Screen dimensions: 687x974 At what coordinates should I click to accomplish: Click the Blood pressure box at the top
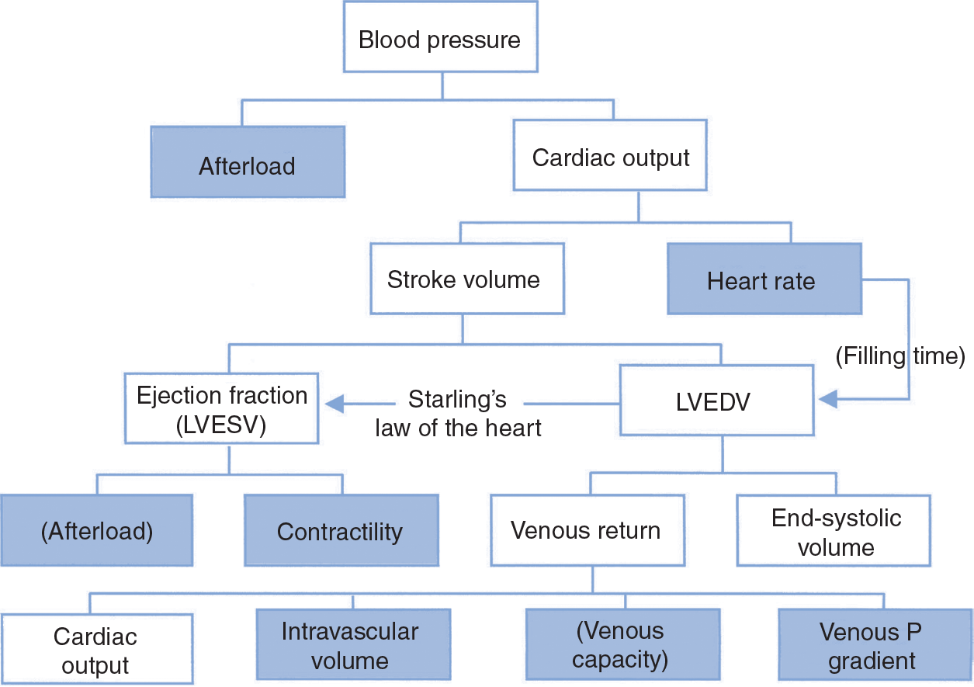coord(439,39)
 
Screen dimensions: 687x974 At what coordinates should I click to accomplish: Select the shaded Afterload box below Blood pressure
coord(247,165)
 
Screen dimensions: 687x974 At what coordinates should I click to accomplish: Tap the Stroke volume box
coord(463,279)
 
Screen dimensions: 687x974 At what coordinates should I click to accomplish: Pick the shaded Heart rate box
coord(764,279)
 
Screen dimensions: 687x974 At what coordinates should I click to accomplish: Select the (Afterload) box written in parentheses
coord(96,531)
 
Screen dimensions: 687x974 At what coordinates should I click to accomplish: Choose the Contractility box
coord(341,531)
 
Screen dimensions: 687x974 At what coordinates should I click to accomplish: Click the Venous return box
coord(585,531)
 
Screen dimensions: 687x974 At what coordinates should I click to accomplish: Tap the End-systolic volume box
coord(835,532)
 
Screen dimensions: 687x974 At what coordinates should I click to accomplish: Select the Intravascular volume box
coord(353,645)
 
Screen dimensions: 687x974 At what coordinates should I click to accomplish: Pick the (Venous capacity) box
coord(622,645)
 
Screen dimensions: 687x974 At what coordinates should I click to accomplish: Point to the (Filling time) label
coord(899,356)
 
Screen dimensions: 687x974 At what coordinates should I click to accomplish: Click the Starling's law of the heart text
coord(458,414)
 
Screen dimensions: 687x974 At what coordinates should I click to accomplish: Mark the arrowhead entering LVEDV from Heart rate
coord(827,400)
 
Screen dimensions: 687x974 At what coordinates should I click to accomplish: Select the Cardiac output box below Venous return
coord(96,651)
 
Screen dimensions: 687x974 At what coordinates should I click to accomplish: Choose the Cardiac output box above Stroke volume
coord(611,158)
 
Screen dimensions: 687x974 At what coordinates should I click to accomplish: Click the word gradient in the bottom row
coord(872,661)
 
